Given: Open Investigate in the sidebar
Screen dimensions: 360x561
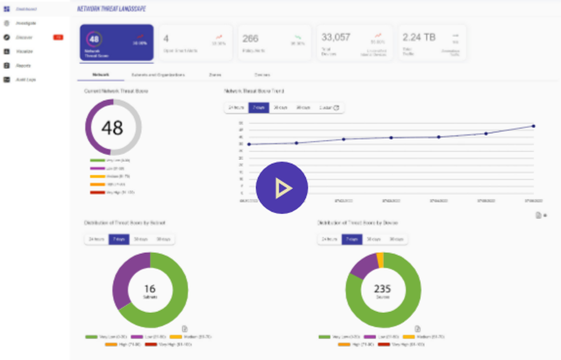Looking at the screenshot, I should point(27,23).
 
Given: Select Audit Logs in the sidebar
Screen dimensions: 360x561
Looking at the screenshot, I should point(26,80).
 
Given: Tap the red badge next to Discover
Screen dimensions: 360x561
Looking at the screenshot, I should point(58,38).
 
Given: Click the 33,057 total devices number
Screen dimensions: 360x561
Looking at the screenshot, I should point(336,38).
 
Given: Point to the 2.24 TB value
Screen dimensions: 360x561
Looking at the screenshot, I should point(419,38).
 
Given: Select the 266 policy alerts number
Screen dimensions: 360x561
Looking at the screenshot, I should point(250,38).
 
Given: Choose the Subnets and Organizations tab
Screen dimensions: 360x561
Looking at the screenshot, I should point(158,75).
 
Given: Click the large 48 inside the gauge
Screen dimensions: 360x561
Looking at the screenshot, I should point(113,128).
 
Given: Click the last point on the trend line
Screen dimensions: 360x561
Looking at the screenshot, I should point(533,126).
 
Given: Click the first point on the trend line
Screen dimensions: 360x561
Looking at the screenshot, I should point(249,144).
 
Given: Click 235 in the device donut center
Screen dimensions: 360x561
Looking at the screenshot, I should point(383,289).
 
